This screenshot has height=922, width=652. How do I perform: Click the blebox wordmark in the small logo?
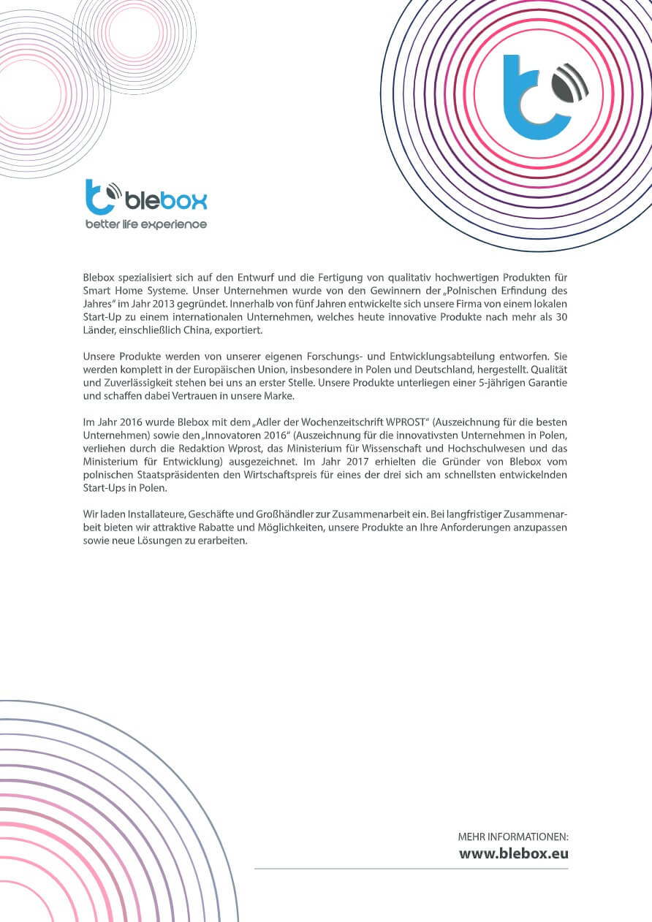(166, 200)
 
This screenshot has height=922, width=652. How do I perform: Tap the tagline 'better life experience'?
(146, 224)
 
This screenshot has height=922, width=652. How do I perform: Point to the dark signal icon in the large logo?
(570, 85)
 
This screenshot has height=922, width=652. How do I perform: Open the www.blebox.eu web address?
(513, 853)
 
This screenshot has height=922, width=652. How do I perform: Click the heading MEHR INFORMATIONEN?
(513, 837)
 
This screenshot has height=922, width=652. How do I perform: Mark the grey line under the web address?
(411, 869)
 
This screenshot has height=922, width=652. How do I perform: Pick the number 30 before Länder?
(561, 317)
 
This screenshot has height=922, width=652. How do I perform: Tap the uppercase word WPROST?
(404, 422)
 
